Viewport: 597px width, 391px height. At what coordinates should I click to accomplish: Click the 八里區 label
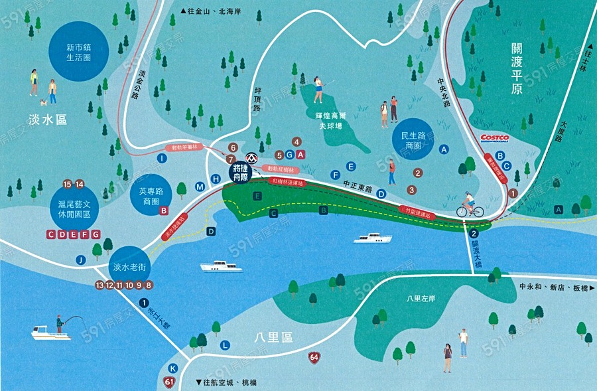point(273,337)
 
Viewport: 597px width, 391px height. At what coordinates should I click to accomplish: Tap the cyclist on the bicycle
point(469,205)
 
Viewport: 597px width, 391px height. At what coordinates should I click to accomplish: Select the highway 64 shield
point(312,358)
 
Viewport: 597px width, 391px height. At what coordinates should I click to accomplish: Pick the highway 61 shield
point(170,382)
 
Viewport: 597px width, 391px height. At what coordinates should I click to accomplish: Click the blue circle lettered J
point(80,260)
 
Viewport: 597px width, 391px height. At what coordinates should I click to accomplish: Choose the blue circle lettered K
point(172,368)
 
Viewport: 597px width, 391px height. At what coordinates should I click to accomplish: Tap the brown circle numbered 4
point(297,141)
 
